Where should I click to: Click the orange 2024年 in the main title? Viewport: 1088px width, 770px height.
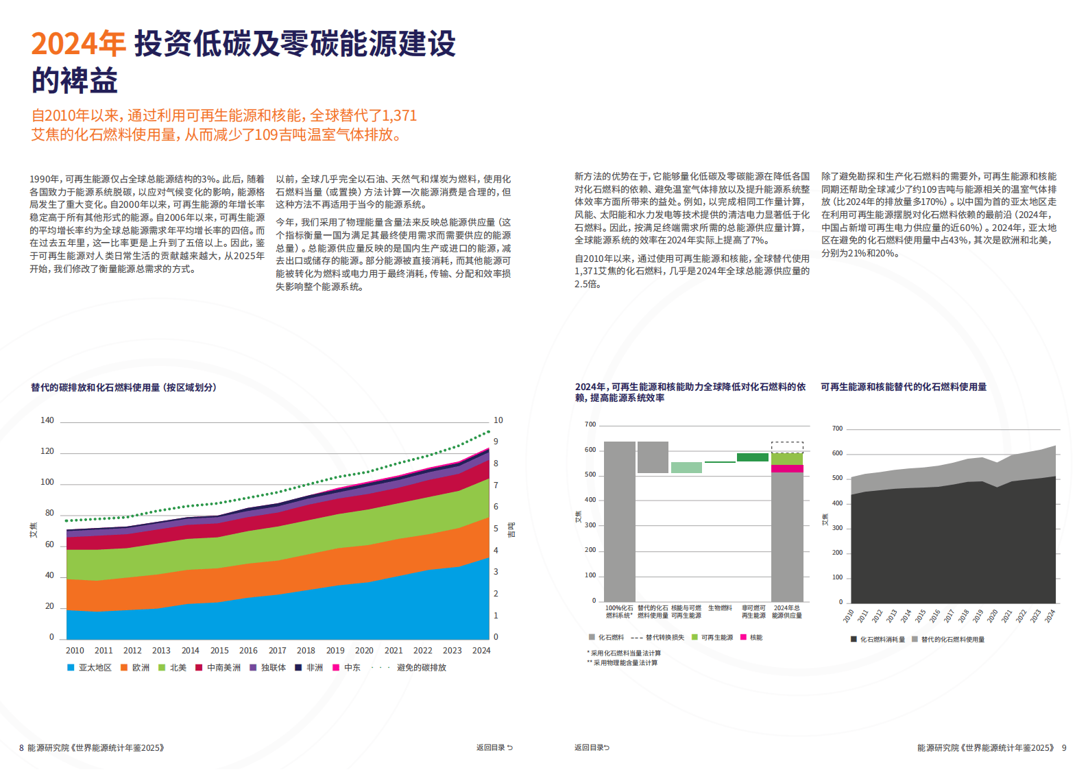[78, 44]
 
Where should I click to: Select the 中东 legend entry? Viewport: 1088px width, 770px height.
[348, 668]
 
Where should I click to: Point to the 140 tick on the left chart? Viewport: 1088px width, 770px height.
[47, 420]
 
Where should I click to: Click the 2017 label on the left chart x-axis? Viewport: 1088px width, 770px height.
[277, 651]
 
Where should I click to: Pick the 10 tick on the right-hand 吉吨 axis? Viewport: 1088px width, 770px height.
[498, 420]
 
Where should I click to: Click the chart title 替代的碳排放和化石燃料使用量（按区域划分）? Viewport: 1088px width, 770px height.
[123, 387]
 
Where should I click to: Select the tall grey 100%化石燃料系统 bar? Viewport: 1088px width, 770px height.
[619, 521]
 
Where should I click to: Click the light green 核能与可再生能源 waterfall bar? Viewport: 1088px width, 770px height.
[686, 468]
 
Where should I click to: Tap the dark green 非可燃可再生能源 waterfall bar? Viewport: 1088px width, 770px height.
[753, 457]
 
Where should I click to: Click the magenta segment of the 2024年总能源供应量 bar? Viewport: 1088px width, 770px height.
[787, 469]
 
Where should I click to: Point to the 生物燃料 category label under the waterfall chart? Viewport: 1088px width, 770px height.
[720, 608]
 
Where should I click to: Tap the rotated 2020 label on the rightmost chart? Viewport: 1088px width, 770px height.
[992, 616]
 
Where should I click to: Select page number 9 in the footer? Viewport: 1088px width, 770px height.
[1064, 748]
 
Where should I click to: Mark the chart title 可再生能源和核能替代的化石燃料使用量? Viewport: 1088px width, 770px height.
[904, 387]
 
